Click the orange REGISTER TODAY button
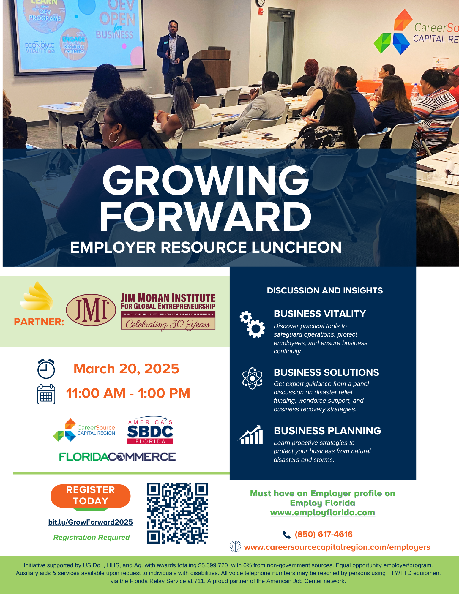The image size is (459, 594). point(90,496)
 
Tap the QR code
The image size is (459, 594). point(177,513)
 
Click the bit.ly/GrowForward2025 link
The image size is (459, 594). point(91,522)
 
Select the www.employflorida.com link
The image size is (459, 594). point(323,513)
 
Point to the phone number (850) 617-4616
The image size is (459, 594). point(324,534)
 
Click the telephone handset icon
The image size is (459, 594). point(286,535)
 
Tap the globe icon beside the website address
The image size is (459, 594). point(235,546)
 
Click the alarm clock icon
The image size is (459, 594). point(46,369)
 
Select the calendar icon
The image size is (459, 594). point(46,394)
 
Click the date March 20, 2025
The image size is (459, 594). point(126,369)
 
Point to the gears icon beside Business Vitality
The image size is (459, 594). point(252,324)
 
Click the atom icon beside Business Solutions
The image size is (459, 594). point(252,378)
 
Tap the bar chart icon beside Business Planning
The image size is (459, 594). point(250,435)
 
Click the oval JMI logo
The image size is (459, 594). point(91,310)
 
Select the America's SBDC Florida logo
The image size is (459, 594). point(150,430)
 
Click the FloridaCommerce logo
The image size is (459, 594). point(117,457)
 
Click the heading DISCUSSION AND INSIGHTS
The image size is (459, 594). point(325,290)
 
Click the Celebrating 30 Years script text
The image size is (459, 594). point(168,324)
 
